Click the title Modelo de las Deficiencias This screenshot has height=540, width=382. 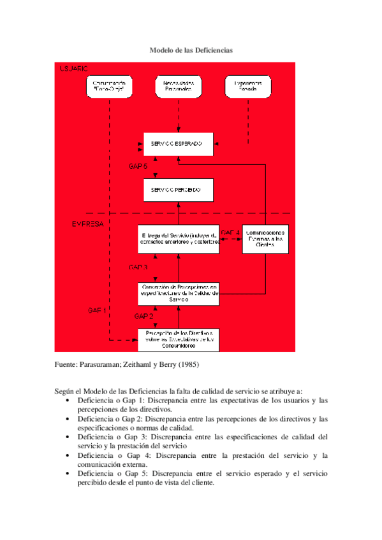pyautogui.click(x=191, y=49)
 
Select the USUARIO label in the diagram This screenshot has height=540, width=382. pyautogui.click(x=74, y=68)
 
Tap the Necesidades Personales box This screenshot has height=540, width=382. pyautogui.click(x=179, y=87)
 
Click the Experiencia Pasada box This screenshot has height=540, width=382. pyautogui.click(x=247, y=87)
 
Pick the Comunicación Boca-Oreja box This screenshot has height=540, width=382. pyautogui.click(x=110, y=87)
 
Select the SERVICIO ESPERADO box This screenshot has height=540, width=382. pyautogui.click(x=178, y=145)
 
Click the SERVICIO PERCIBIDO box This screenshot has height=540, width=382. pyautogui.click(x=178, y=190)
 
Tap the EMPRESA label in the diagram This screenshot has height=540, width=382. pyautogui.click(x=87, y=224)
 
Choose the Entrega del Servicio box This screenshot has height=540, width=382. pyautogui.click(x=178, y=239)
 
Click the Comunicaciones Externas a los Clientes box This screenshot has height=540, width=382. pyautogui.click(x=265, y=239)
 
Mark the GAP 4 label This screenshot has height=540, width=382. pyautogui.click(x=230, y=232)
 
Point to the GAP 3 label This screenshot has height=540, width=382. pyautogui.click(x=138, y=267)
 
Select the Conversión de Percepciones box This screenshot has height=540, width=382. pyautogui.click(x=179, y=292)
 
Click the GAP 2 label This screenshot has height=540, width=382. pyautogui.click(x=143, y=316)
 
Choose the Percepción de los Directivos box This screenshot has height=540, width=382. pyautogui.click(x=179, y=338)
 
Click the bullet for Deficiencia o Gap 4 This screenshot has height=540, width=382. pyautogui.click(x=68, y=455)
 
